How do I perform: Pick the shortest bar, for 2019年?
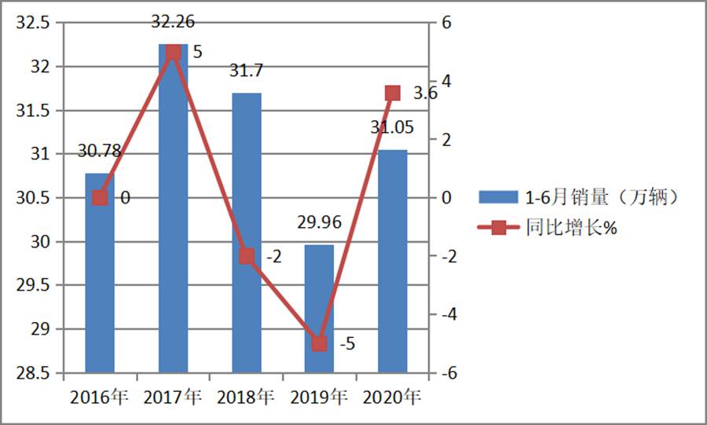tap(319, 314)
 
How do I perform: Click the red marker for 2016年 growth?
tap(100, 198)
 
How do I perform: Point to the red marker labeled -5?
tap(319, 343)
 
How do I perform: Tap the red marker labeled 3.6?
tap(393, 93)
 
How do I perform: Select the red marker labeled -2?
tap(247, 256)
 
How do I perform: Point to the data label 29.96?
tap(319, 223)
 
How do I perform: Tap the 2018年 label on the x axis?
tap(247, 397)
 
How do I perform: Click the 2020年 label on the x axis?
tap(393, 397)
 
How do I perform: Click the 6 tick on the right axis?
tap(446, 24)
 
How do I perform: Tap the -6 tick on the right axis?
tap(449, 372)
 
